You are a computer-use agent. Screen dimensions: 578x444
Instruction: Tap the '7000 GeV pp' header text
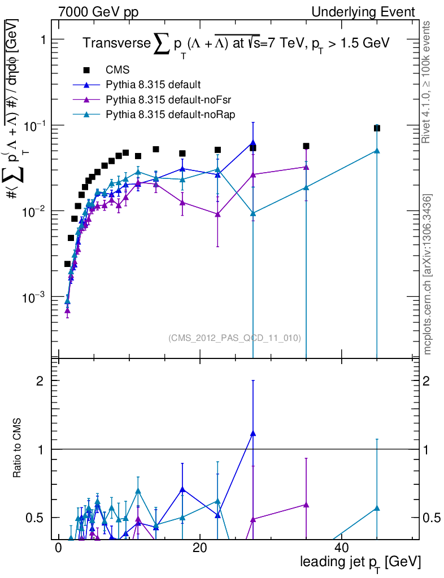click(x=98, y=12)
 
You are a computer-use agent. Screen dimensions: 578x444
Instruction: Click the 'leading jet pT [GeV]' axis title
click(x=360, y=562)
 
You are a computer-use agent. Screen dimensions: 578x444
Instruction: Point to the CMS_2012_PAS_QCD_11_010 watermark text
click(x=234, y=338)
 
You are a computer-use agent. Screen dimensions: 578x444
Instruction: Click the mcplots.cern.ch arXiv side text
click(x=428, y=274)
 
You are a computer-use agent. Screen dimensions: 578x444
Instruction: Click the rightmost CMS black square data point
click(x=377, y=128)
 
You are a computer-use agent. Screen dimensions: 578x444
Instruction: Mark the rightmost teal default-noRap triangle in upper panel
click(x=377, y=151)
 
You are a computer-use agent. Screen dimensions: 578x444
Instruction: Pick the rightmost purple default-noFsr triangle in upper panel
click(x=306, y=167)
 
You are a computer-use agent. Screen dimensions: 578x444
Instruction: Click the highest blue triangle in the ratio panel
click(x=253, y=433)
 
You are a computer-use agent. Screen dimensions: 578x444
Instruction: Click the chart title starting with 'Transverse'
click(x=236, y=44)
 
